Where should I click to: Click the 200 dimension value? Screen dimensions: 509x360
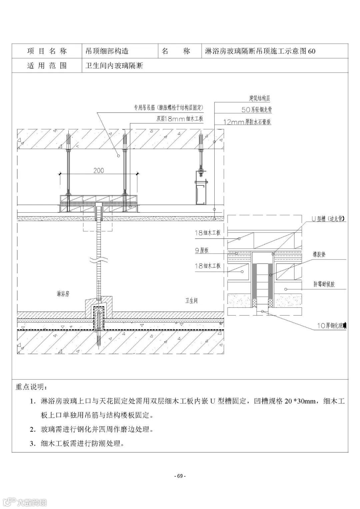click(x=99, y=170)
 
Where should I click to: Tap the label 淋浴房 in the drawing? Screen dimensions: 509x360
click(x=63, y=294)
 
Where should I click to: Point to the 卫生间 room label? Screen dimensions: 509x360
click(x=191, y=301)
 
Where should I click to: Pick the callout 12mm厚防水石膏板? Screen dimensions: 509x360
click(x=247, y=122)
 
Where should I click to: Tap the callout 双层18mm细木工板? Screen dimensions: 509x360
click(x=180, y=119)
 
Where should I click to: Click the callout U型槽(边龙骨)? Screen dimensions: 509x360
click(x=328, y=219)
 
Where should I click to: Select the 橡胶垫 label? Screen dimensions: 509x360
click(x=319, y=255)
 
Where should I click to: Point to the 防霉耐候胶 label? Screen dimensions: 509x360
click(x=324, y=284)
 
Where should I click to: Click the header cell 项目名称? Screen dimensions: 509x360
click(x=47, y=51)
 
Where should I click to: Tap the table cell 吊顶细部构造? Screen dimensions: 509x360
click(x=107, y=51)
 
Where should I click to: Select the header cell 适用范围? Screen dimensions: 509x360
click(x=47, y=66)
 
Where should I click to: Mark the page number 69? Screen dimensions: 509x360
click(x=180, y=476)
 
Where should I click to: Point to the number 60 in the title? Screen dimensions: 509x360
click(x=312, y=51)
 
